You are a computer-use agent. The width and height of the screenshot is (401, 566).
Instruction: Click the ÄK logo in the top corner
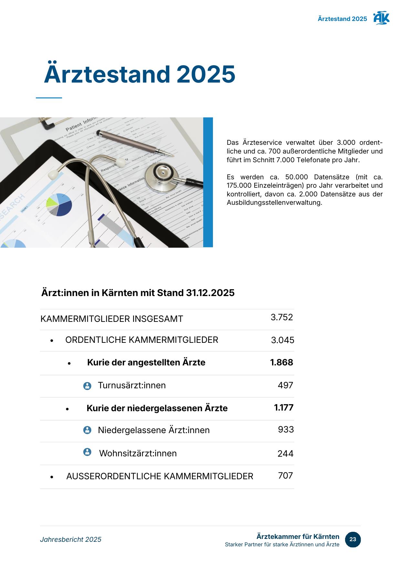tap(381, 18)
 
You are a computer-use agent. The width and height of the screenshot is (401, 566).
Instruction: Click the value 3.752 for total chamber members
tap(282, 317)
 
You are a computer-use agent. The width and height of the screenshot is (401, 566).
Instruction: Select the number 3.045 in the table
tap(282, 340)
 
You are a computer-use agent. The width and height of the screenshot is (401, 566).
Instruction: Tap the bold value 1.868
tap(281, 362)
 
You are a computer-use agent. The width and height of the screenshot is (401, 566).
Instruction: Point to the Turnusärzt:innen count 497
tap(285, 385)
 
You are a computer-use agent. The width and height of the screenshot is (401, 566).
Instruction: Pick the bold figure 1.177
tap(284, 408)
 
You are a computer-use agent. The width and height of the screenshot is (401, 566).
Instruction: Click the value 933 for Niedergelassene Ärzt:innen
tap(286, 430)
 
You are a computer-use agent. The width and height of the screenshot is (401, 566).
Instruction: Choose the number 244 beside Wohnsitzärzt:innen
tap(285, 454)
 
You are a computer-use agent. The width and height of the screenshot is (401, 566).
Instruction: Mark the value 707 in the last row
tap(285, 476)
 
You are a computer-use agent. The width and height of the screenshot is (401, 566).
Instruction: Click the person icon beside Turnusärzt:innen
tap(87, 386)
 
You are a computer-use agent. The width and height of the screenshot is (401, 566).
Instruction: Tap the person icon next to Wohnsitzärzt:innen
tap(87, 452)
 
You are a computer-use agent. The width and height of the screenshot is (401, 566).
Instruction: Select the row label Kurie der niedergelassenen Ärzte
tap(157, 408)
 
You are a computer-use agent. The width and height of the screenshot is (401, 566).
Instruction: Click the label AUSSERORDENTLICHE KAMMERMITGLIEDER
tap(160, 476)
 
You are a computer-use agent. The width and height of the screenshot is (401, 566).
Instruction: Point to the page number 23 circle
tap(353, 540)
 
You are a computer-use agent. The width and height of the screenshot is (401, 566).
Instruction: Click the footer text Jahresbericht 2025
tap(71, 540)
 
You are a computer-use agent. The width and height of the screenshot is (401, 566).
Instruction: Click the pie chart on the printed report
tap(59, 204)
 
